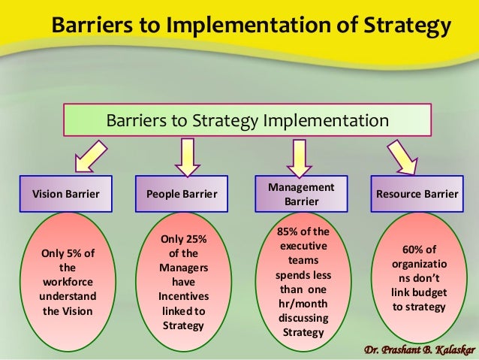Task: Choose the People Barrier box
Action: [x=181, y=194]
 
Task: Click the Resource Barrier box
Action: [x=417, y=194]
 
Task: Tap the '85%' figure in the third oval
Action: [x=288, y=231]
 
